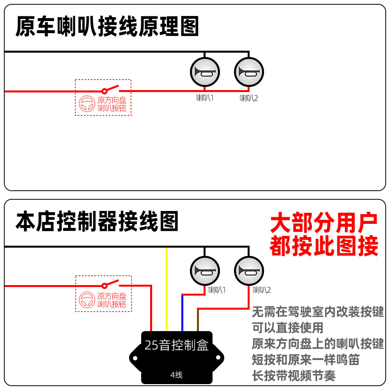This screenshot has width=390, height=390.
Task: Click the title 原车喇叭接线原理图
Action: tap(107, 27)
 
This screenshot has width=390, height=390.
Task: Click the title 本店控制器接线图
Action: tap(97, 222)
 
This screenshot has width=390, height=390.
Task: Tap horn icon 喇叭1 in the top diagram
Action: tap(205, 72)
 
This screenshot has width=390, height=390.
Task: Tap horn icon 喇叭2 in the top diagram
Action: tap(249, 72)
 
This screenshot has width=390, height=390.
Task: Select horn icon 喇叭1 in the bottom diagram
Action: tap(205, 271)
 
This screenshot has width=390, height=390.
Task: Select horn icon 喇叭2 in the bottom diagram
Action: tap(249, 271)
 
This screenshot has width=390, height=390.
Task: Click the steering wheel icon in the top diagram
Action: tap(87, 104)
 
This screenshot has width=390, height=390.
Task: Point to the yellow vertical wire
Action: tap(167, 289)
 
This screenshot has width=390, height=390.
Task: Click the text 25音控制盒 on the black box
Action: tap(177, 345)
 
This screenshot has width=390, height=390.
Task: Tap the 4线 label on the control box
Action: tap(177, 375)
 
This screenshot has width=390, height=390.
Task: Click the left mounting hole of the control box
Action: tap(135, 358)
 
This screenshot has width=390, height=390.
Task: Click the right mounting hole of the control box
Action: tap(218, 358)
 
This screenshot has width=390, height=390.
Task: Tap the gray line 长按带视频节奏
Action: tap(294, 376)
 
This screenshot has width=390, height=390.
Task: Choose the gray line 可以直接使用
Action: tap(287, 328)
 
